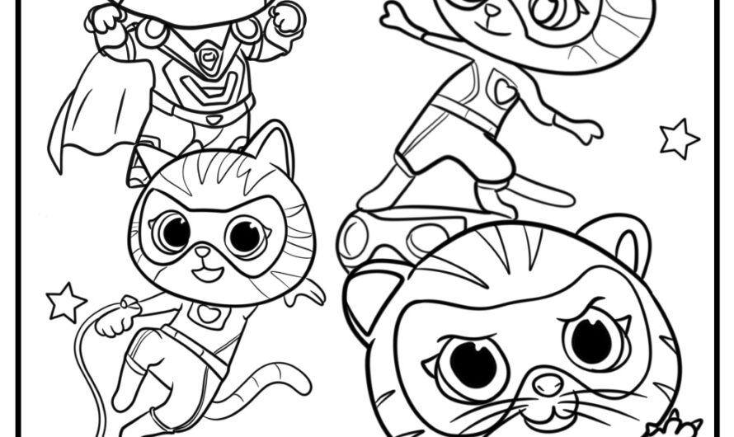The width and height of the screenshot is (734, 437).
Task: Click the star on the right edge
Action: pos(679,139)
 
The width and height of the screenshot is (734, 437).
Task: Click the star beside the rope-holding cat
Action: pos(66,302)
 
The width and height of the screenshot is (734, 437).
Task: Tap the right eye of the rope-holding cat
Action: pos(246,237)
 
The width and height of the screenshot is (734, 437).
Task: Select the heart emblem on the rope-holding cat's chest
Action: pos(205,314)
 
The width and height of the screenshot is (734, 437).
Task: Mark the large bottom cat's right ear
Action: pos(623,239)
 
